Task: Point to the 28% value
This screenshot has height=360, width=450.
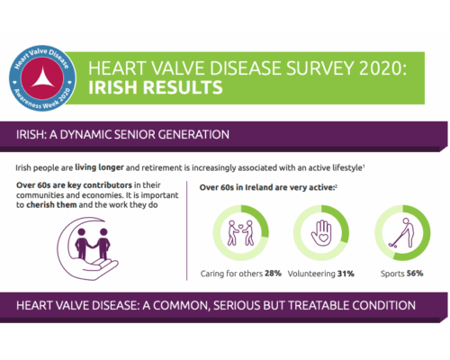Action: [274, 273]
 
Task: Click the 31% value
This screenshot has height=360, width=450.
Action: [346, 273]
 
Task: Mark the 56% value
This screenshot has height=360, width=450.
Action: [416, 273]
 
